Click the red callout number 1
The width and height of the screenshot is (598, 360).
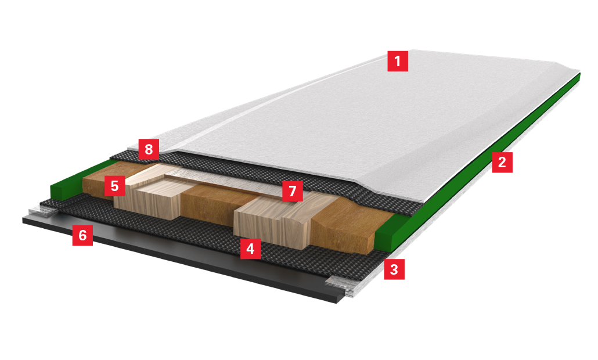[397, 61]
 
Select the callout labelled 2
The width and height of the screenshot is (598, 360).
[502, 163]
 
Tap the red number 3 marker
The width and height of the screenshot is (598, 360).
[394, 269]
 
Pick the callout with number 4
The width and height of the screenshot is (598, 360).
[250, 249]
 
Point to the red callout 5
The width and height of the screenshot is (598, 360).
[114, 186]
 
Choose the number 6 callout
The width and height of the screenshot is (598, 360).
[82, 235]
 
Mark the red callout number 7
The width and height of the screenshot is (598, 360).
[293, 190]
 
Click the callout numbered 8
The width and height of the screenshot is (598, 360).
[149, 149]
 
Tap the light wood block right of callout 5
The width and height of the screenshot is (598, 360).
[153, 195]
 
